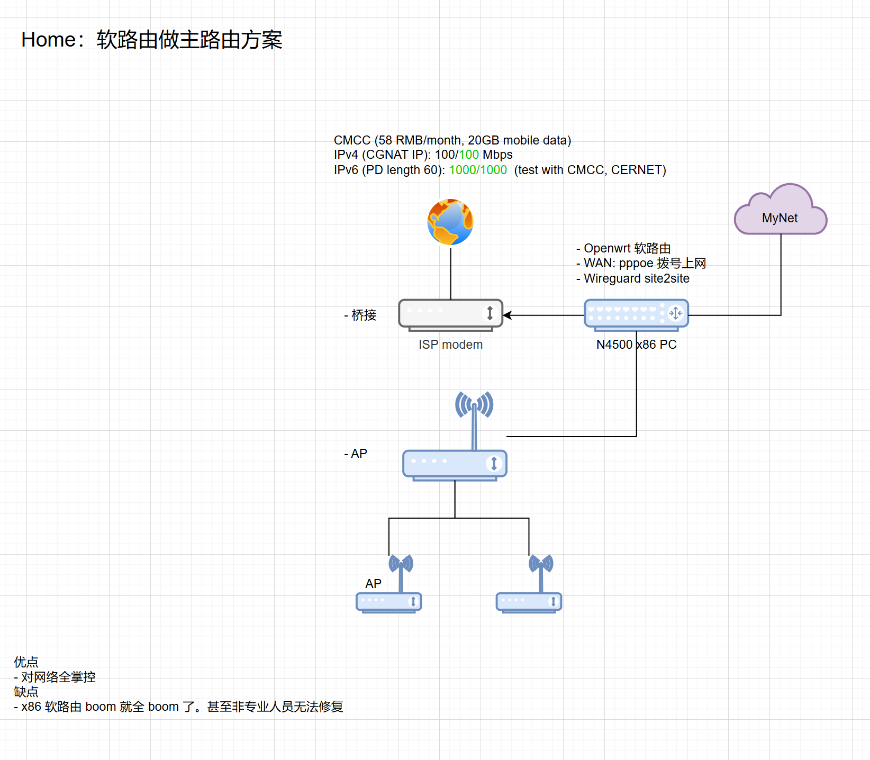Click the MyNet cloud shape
(x=780, y=211)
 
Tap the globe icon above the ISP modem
(x=450, y=222)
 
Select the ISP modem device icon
(x=450, y=314)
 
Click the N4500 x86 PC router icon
(x=636, y=314)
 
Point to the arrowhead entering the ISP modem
(x=507, y=315)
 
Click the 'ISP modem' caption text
(x=450, y=345)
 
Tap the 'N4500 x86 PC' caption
(x=636, y=345)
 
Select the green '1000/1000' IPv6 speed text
(x=478, y=170)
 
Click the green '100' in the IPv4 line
(x=469, y=155)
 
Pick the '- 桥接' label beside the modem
(x=360, y=315)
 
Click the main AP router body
(x=455, y=464)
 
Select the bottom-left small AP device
(x=389, y=602)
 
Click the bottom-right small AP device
(x=529, y=602)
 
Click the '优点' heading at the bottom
(x=26, y=662)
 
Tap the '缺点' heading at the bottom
(x=26, y=692)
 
